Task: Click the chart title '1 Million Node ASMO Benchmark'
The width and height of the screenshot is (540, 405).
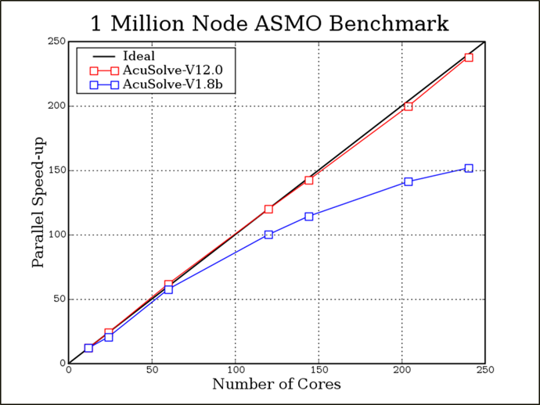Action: coord(270,23)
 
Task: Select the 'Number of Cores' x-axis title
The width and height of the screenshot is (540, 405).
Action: coord(276,384)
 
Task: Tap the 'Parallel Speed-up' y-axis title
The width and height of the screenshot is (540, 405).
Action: coord(38,202)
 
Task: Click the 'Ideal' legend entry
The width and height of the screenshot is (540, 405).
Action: coord(139,56)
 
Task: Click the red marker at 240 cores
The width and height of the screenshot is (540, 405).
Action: coord(469,57)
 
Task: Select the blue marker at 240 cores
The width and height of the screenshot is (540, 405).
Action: coord(469,168)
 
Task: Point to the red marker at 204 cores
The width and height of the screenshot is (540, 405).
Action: coord(409,106)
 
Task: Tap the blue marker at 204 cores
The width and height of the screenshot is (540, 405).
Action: coord(409,181)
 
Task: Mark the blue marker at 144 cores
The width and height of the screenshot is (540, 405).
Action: coord(309,217)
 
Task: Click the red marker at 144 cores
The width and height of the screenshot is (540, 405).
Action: coord(309,181)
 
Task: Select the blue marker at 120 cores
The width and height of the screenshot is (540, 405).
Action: coord(268,235)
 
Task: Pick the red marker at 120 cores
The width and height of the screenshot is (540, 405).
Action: coord(268,210)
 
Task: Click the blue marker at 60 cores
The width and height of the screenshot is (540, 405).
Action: coord(168,290)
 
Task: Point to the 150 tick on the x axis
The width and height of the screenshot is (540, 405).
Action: coord(319,370)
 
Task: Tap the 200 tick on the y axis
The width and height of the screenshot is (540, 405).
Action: coord(56,106)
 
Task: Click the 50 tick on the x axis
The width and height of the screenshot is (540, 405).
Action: coord(152,370)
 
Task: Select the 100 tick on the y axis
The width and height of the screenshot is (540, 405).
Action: coord(56,235)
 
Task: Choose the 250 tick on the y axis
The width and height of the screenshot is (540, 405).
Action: coord(56,41)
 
